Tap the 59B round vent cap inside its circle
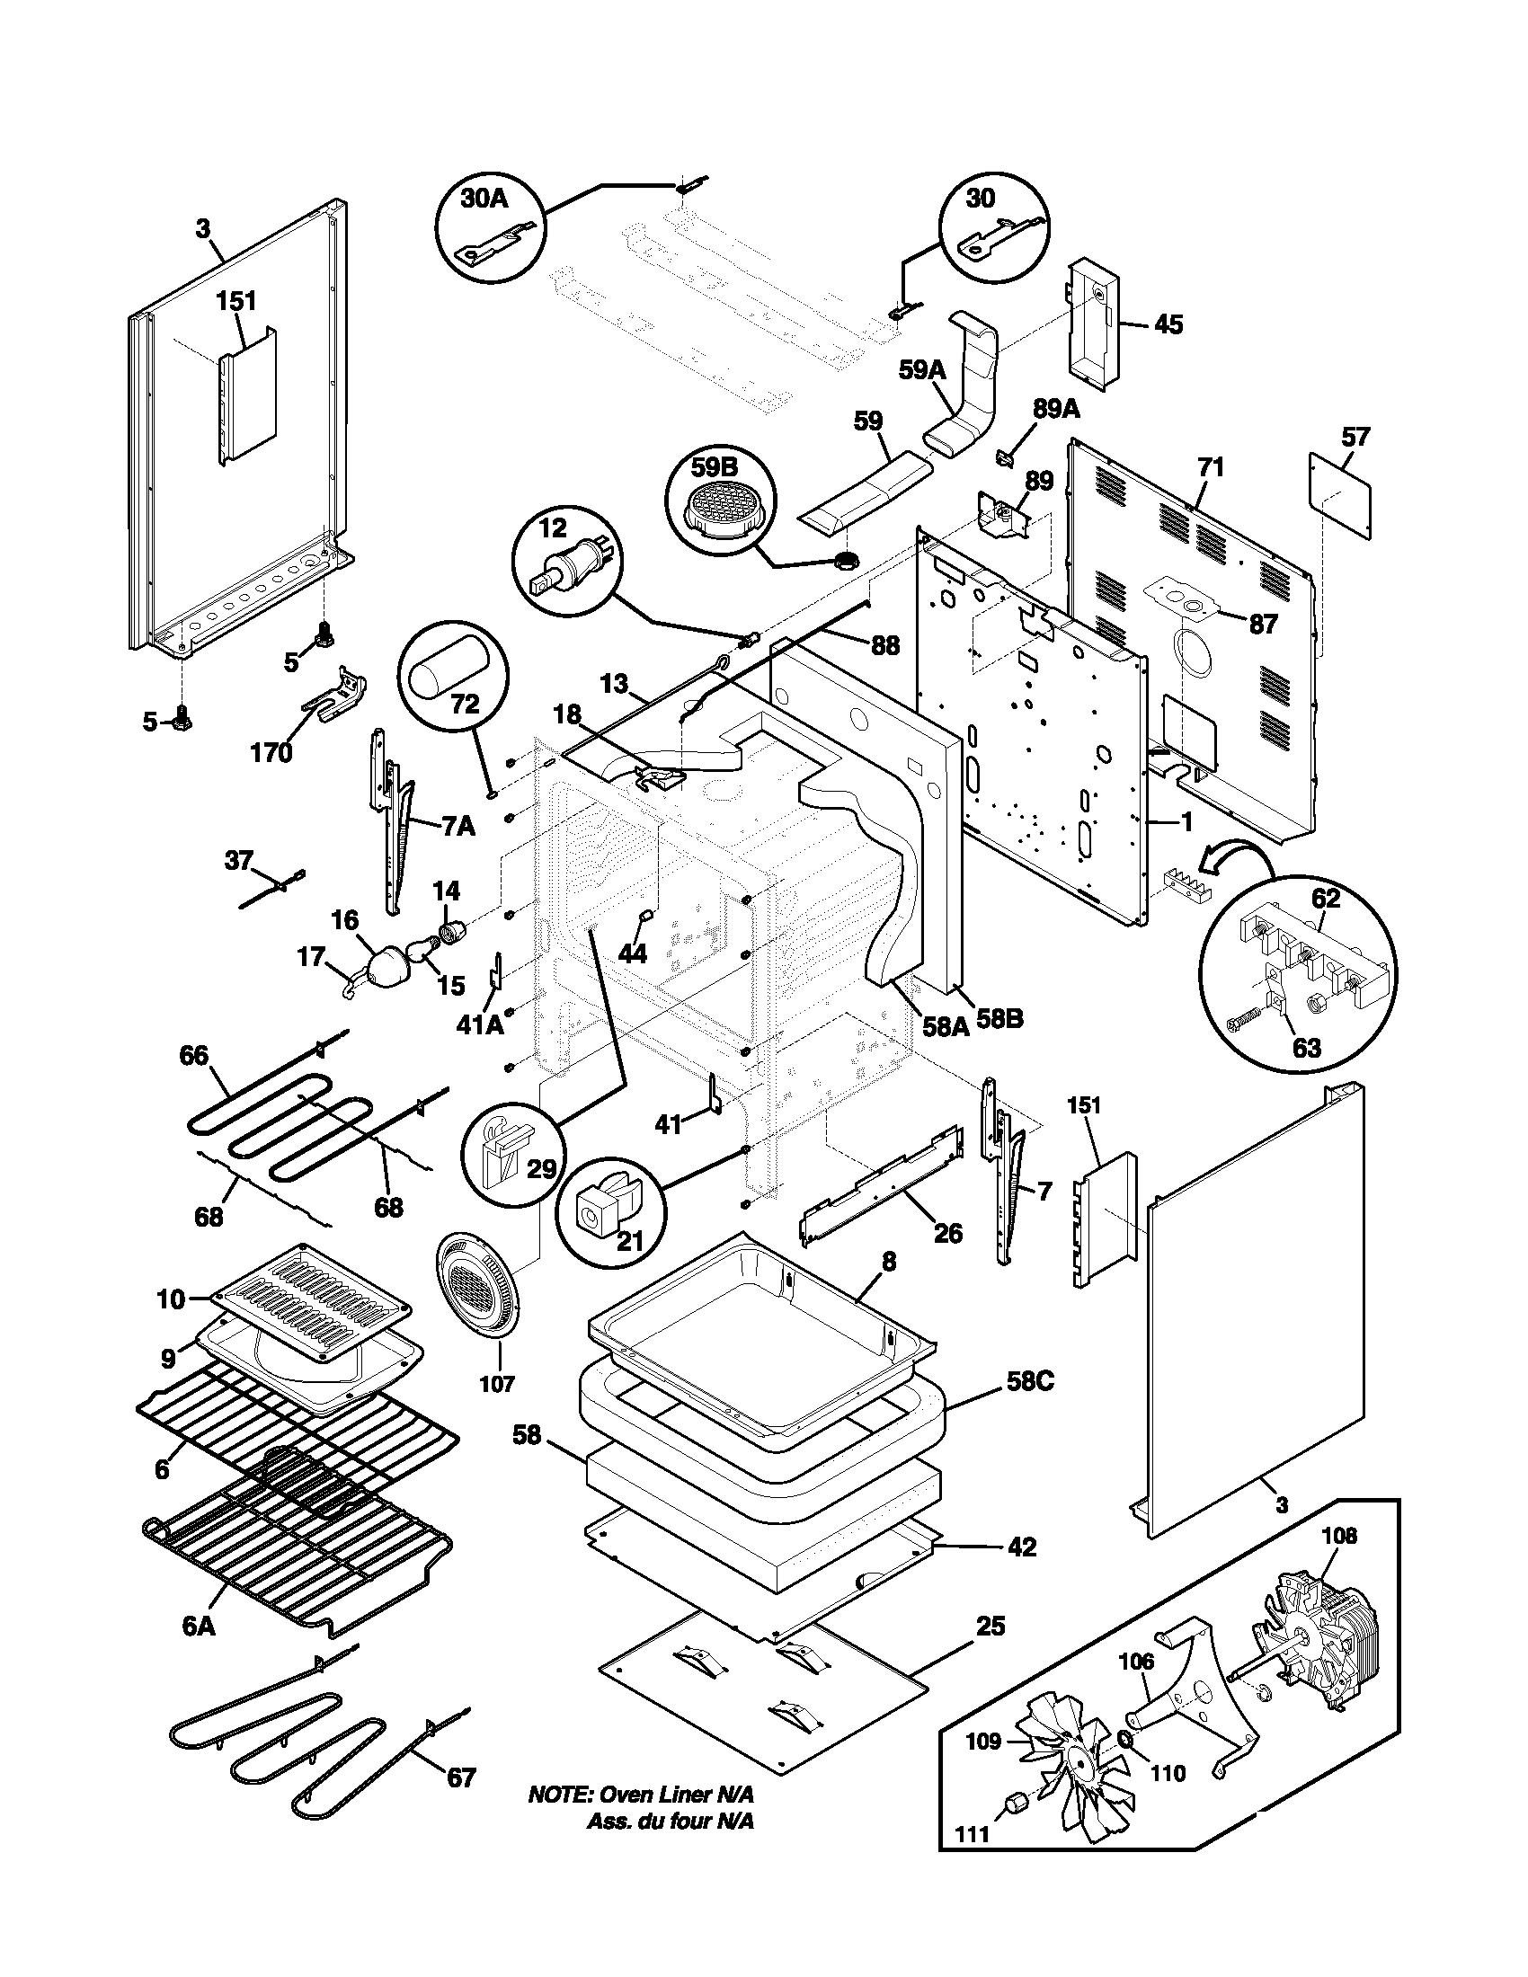(x=721, y=508)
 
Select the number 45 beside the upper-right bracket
(x=1168, y=324)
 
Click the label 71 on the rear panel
(x=1211, y=468)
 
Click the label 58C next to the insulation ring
(x=1030, y=1382)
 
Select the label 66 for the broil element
(x=193, y=1056)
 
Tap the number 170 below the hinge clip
(x=271, y=753)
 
